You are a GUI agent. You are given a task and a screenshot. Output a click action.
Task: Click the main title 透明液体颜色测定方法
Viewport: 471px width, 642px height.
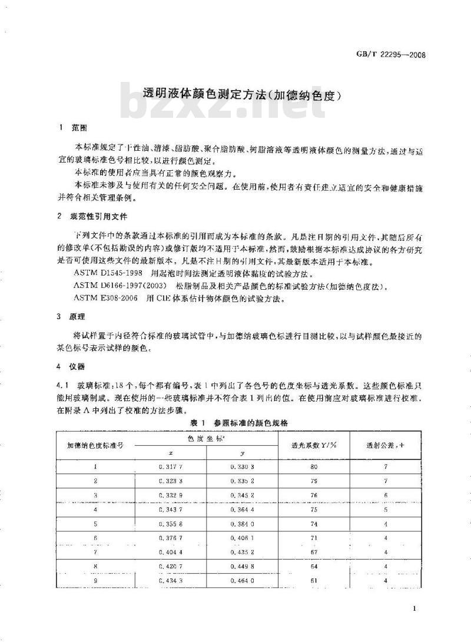[x=243, y=94]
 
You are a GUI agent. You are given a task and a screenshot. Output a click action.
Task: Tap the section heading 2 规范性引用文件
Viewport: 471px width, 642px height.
[x=95, y=216]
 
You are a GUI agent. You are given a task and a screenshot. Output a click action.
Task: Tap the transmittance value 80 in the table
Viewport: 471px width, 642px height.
[x=314, y=467]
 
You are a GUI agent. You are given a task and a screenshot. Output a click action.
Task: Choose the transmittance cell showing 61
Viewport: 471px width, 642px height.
[x=314, y=580]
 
